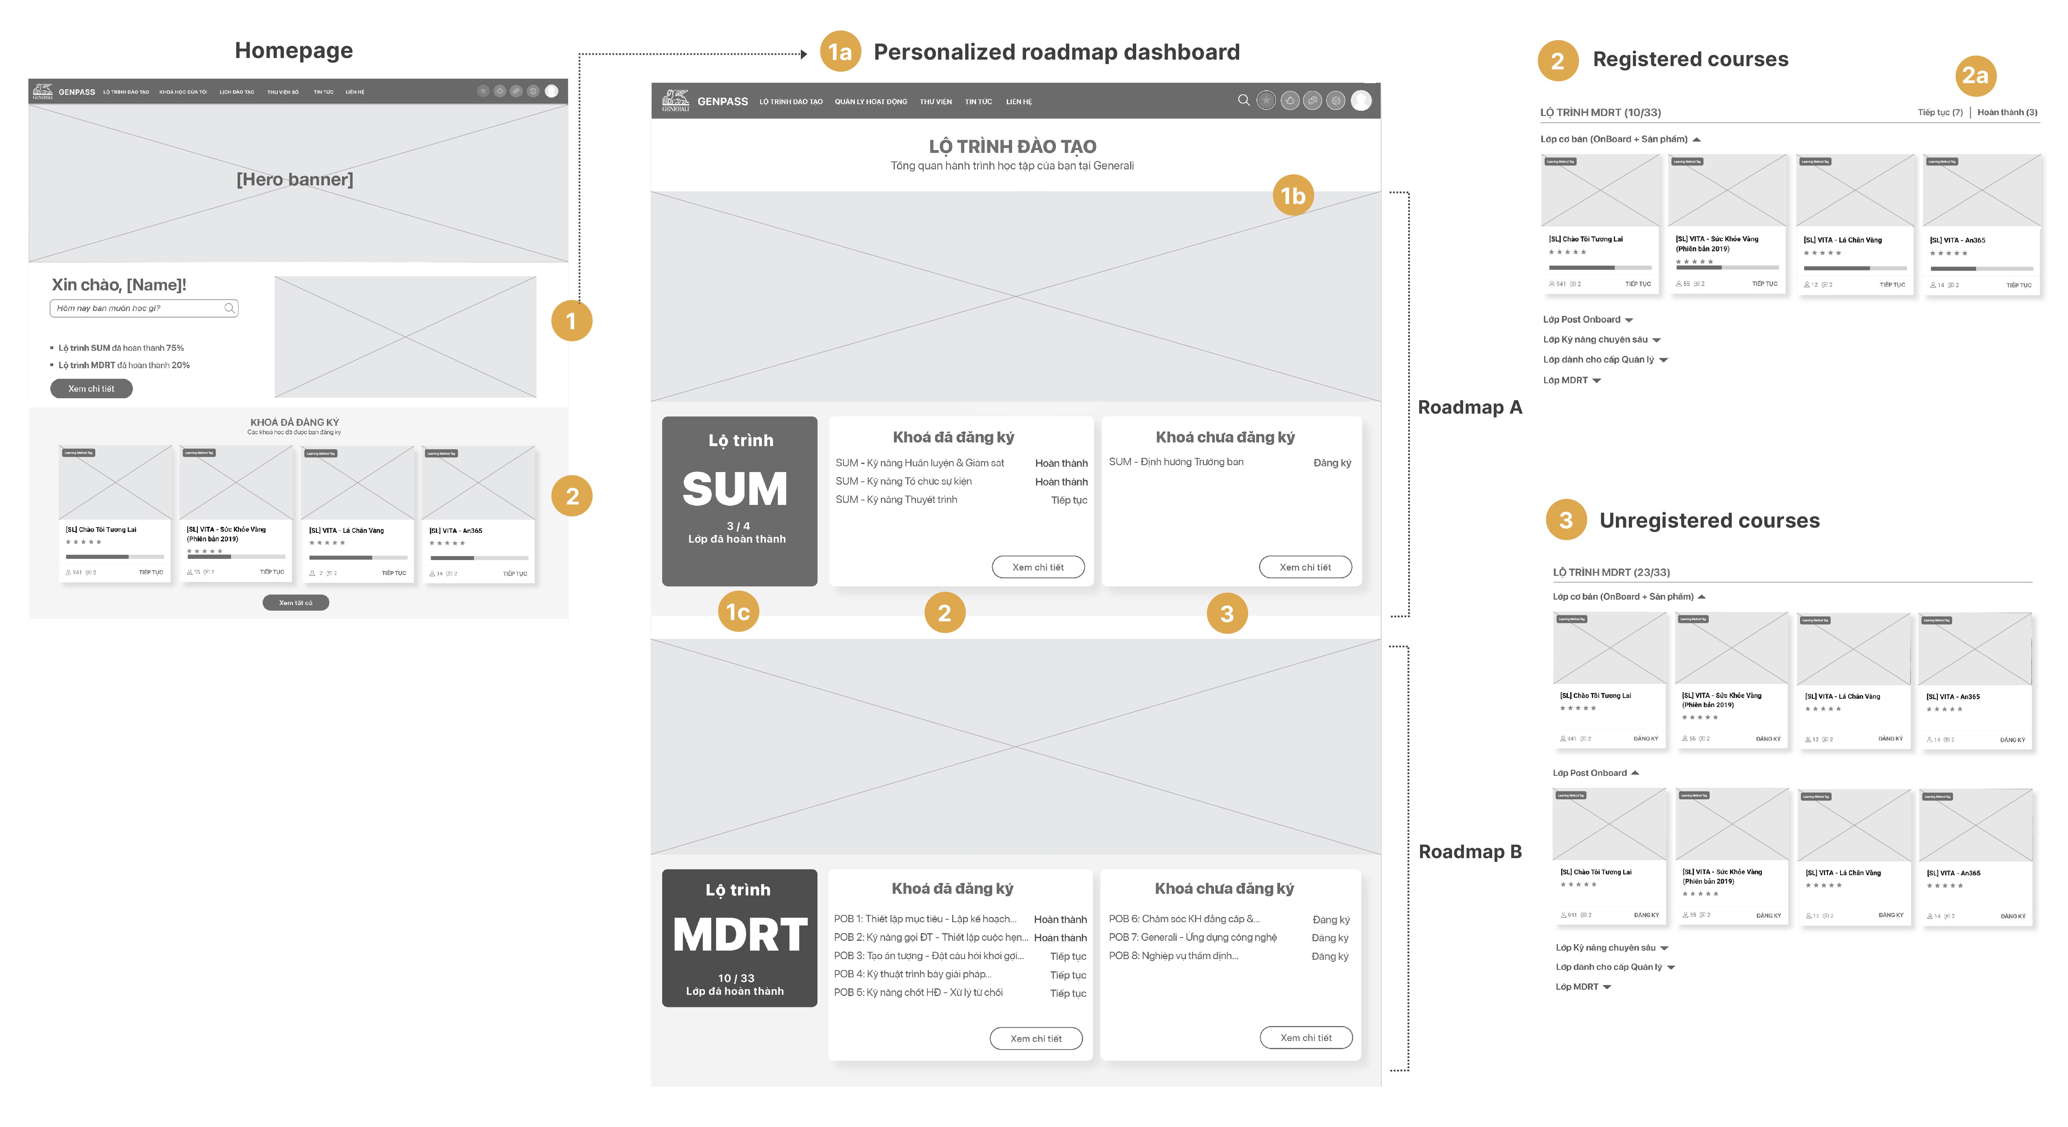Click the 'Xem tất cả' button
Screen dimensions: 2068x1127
(x=296, y=603)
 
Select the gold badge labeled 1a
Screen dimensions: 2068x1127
(x=840, y=52)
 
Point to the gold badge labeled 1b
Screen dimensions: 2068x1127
(x=1293, y=196)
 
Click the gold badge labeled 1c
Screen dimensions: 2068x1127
(x=738, y=612)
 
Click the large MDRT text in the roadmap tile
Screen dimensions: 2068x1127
(x=739, y=935)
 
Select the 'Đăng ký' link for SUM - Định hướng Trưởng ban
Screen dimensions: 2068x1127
(x=1332, y=463)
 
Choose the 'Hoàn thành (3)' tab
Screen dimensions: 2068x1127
(x=2007, y=112)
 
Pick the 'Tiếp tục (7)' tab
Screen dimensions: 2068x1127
(x=1939, y=112)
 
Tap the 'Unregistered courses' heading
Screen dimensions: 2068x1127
(x=1709, y=521)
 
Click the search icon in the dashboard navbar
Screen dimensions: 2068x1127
(x=1244, y=100)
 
